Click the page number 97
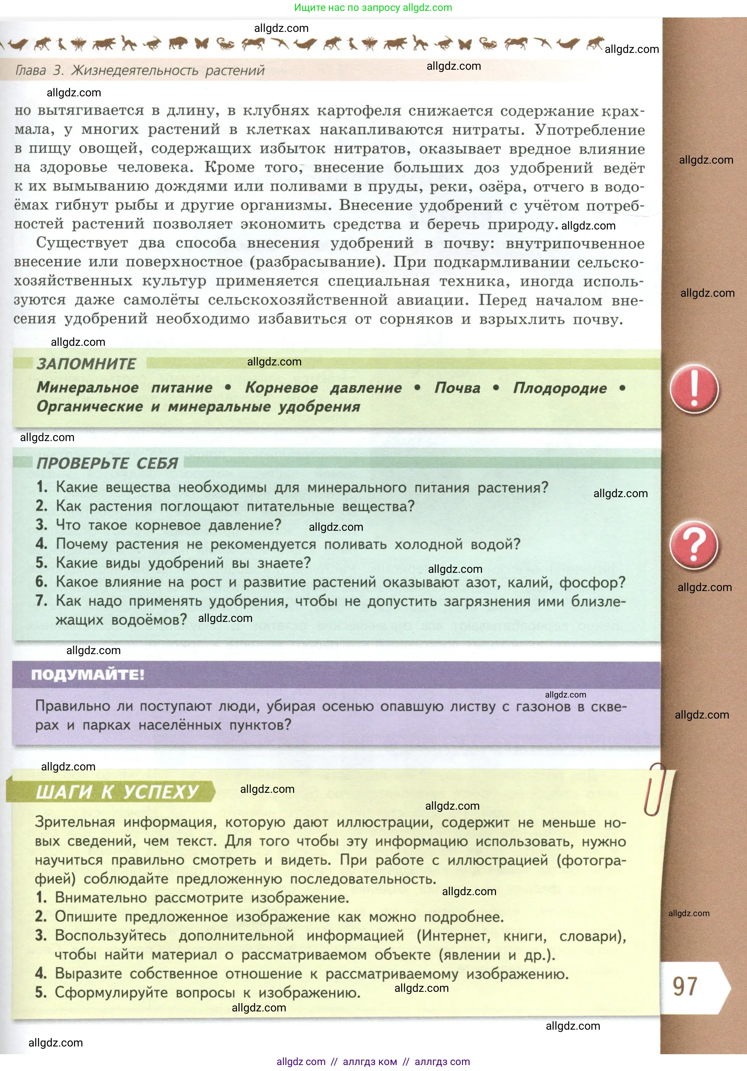(x=685, y=987)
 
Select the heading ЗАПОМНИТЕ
(x=86, y=364)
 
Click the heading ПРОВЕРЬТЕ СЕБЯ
(x=107, y=463)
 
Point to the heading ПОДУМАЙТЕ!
(x=88, y=674)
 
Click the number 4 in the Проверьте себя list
(x=41, y=543)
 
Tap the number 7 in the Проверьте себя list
(x=41, y=600)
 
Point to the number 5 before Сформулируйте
(x=41, y=992)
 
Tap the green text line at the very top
(x=373, y=7)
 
